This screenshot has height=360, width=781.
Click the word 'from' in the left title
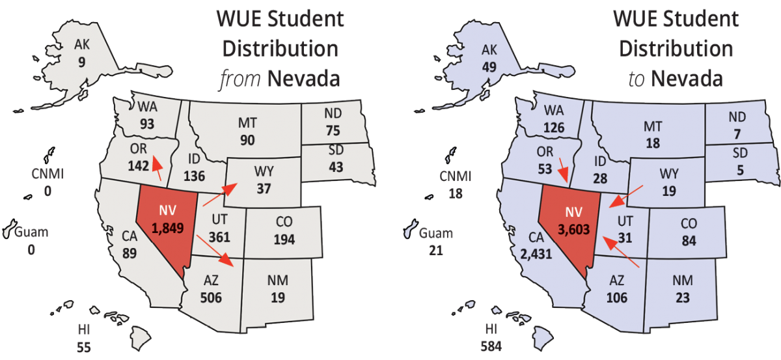(x=235, y=80)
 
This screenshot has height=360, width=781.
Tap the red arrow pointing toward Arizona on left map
(x=216, y=251)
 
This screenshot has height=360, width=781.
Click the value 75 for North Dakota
(x=333, y=130)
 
